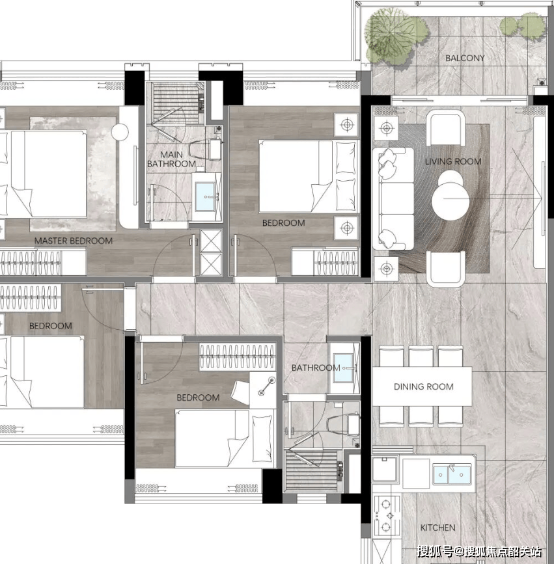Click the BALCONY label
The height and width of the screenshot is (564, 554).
pyautogui.click(x=465, y=58)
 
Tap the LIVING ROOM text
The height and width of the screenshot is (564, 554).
pyautogui.click(x=453, y=161)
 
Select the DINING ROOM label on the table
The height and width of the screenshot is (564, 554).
pyautogui.click(x=423, y=386)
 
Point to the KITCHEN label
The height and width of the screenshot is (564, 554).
pyautogui.click(x=437, y=528)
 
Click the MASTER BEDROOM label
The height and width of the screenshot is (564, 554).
pyautogui.click(x=74, y=241)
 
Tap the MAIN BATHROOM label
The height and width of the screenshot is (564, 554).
pyautogui.click(x=171, y=159)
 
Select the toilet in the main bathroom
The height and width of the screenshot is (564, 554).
pyautogui.click(x=206, y=149)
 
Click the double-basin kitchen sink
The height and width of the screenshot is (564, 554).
pyautogui.click(x=452, y=474)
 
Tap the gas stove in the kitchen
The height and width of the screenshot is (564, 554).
pyautogui.click(x=387, y=516)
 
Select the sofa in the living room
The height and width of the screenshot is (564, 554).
pyautogui.click(x=393, y=198)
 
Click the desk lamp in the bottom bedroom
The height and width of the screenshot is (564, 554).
pyautogui.click(x=267, y=386)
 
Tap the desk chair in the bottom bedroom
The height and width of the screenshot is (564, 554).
pyautogui.click(x=240, y=392)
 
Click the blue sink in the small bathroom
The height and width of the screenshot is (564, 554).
pyautogui.click(x=344, y=368)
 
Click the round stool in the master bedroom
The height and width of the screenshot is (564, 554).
pyautogui.click(x=120, y=132)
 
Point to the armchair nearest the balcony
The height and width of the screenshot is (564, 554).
pyautogui.click(x=445, y=128)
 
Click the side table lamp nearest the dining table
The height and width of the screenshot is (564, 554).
pyautogui.click(x=386, y=269)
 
